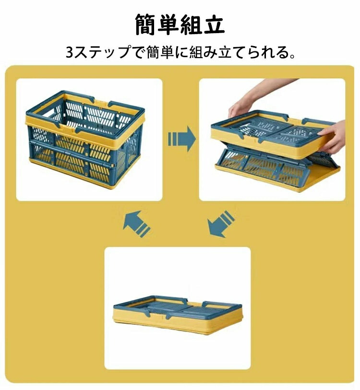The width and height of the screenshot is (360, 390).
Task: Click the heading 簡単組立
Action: tap(180, 24)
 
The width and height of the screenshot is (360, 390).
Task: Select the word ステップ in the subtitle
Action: tap(102, 52)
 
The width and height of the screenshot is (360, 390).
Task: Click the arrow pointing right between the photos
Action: tap(182, 139)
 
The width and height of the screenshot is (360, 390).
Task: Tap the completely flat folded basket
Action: tap(178, 315)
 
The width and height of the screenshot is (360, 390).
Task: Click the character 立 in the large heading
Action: tap(214, 24)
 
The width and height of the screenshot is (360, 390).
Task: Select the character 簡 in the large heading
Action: tap(146, 24)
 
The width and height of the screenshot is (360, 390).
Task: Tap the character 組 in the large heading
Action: tap(191, 24)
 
